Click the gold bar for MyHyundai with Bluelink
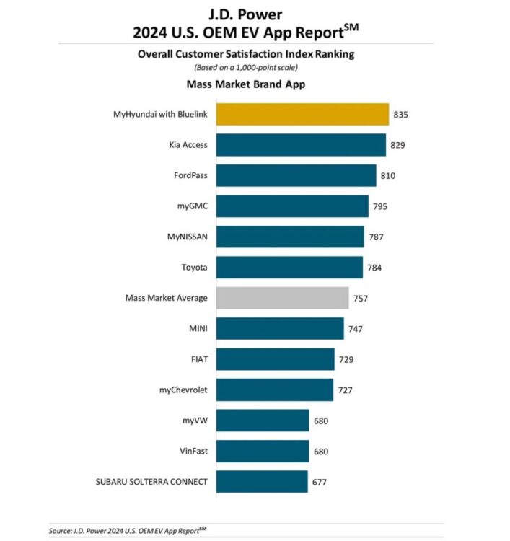(302, 114)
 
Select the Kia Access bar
(301, 145)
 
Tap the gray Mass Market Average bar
(282, 298)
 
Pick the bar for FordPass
(296, 175)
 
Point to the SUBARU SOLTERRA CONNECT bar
(262, 481)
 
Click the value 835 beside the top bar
(402, 114)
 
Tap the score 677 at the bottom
(320, 481)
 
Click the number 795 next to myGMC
(381, 206)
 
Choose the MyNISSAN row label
(187, 237)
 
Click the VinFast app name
(193, 451)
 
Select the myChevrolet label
(183, 390)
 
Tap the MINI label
(197, 329)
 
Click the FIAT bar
(275, 359)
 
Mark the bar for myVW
(263, 420)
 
